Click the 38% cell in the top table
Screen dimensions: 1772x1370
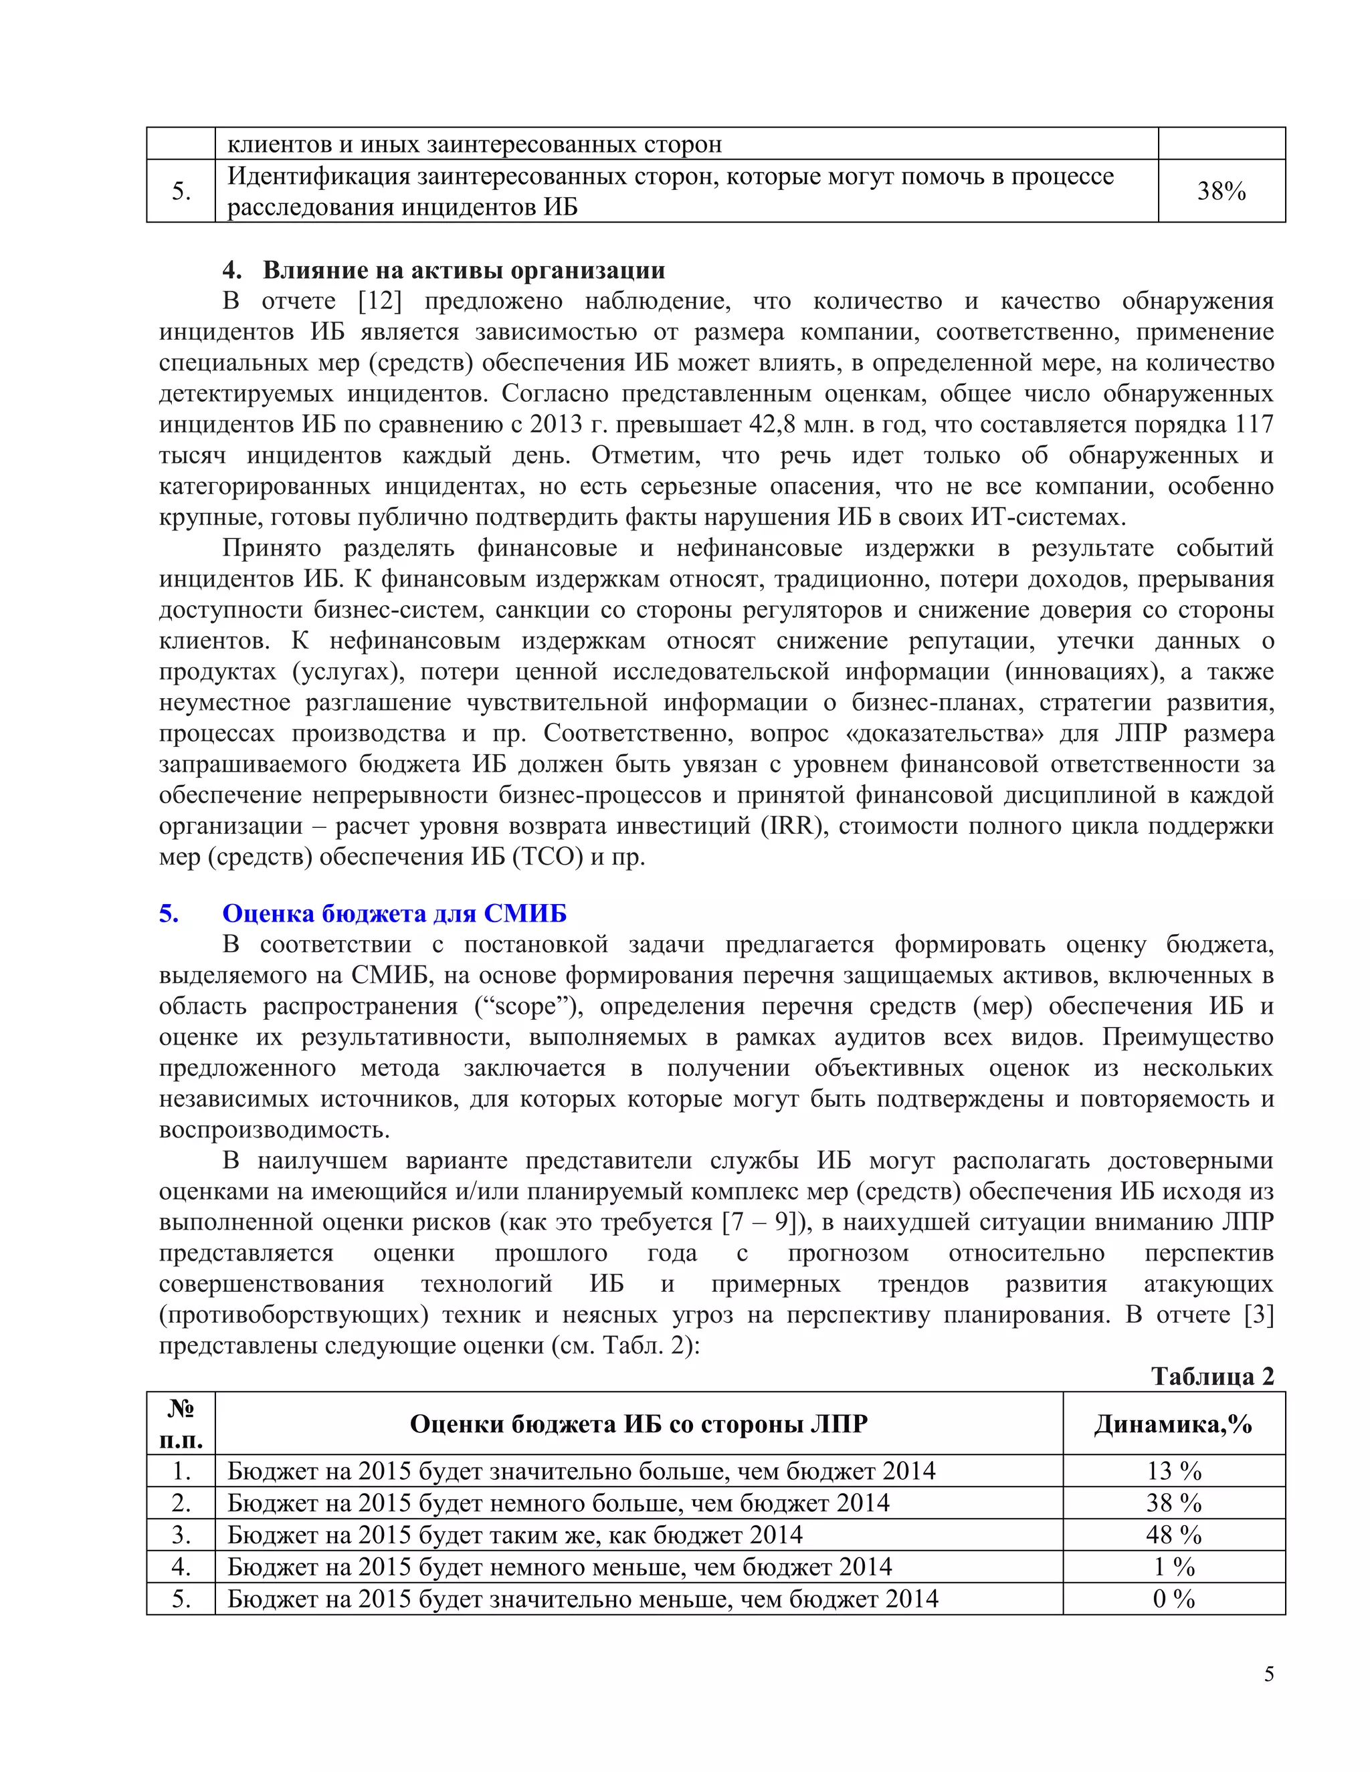(x=1221, y=191)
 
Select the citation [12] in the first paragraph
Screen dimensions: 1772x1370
(x=380, y=301)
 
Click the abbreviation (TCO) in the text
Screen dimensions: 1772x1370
(x=548, y=857)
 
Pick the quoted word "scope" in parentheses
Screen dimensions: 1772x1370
(x=529, y=1006)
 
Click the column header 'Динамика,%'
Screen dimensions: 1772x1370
(x=1173, y=1424)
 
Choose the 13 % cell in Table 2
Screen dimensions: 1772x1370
(x=1173, y=1471)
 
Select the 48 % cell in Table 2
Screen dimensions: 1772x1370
(x=1173, y=1535)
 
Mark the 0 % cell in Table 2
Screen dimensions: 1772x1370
(x=1173, y=1599)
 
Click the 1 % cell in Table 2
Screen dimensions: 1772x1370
(x=1173, y=1567)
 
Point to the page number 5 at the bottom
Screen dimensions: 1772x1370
(x=1268, y=1674)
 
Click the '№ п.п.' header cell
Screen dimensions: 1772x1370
(x=181, y=1424)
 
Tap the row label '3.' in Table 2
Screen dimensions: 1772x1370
(x=181, y=1535)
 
